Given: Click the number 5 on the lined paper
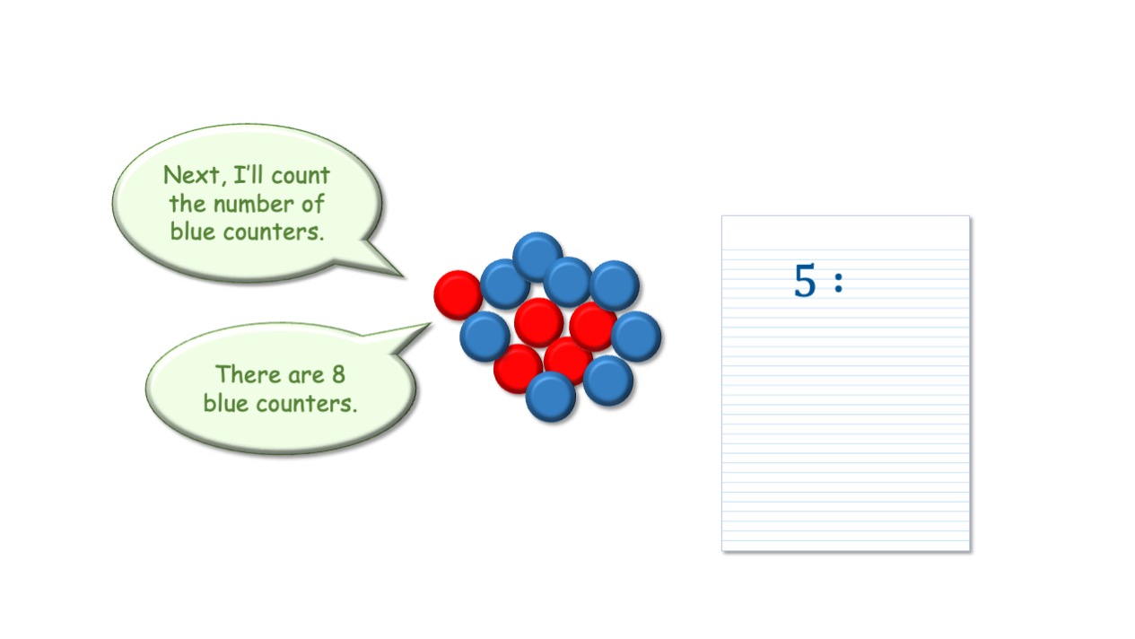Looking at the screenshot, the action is (805, 280).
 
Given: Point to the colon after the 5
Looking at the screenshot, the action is (839, 283).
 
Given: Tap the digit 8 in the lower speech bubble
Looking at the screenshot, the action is (338, 374).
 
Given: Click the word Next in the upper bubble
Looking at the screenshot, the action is (191, 175).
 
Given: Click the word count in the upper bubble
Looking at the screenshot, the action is (301, 176).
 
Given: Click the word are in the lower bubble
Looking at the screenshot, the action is (306, 375).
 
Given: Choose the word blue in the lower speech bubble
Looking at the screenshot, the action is (225, 403).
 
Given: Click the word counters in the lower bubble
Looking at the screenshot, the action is (307, 404).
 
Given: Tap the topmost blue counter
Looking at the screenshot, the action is (537, 257).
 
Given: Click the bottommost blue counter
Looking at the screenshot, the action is (551, 397).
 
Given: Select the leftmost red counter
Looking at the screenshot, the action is (458, 295).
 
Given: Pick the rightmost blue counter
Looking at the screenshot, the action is (636, 337).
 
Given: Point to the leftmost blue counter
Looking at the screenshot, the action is (485, 337).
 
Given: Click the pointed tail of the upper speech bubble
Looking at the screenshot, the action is (403, 276).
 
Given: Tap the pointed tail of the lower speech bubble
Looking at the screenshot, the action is (431, 323).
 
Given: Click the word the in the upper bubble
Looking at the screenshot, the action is (188, 204).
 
